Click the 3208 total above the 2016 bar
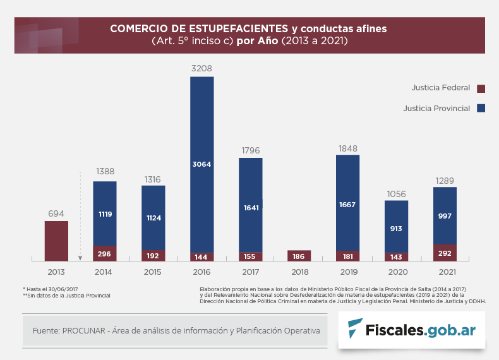pyautogui.click(x=202, y=67)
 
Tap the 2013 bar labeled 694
pyautogui.click(x=56, y=240)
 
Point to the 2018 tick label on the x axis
pyautogui.click(x=299, y=272)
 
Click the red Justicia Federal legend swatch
pyautogui.click(x=481, y=88)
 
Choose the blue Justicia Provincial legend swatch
pyautogui.click(x=481, y=109)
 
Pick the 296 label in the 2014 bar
pyautogui.click(x=105, y=254)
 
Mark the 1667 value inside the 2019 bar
pyautogui.click(x=347, y=205)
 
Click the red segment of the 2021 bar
pyautogui.click(x=445, y=253)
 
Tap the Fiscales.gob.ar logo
pyautogui.click(x=411, y=330)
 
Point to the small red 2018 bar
pyautogui.click(x=299, y=256)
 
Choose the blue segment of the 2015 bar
pyautogui.click(x=153, y=217)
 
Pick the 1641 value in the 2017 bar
pyautogui.click(x=251, y=207)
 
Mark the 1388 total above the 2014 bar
pyautogui.click(x=105, y=172)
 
